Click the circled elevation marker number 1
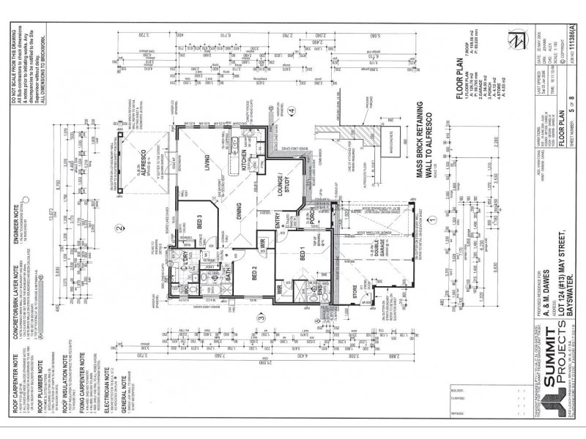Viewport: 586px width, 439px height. [432, 217]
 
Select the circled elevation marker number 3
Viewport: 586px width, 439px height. [260, 318]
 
